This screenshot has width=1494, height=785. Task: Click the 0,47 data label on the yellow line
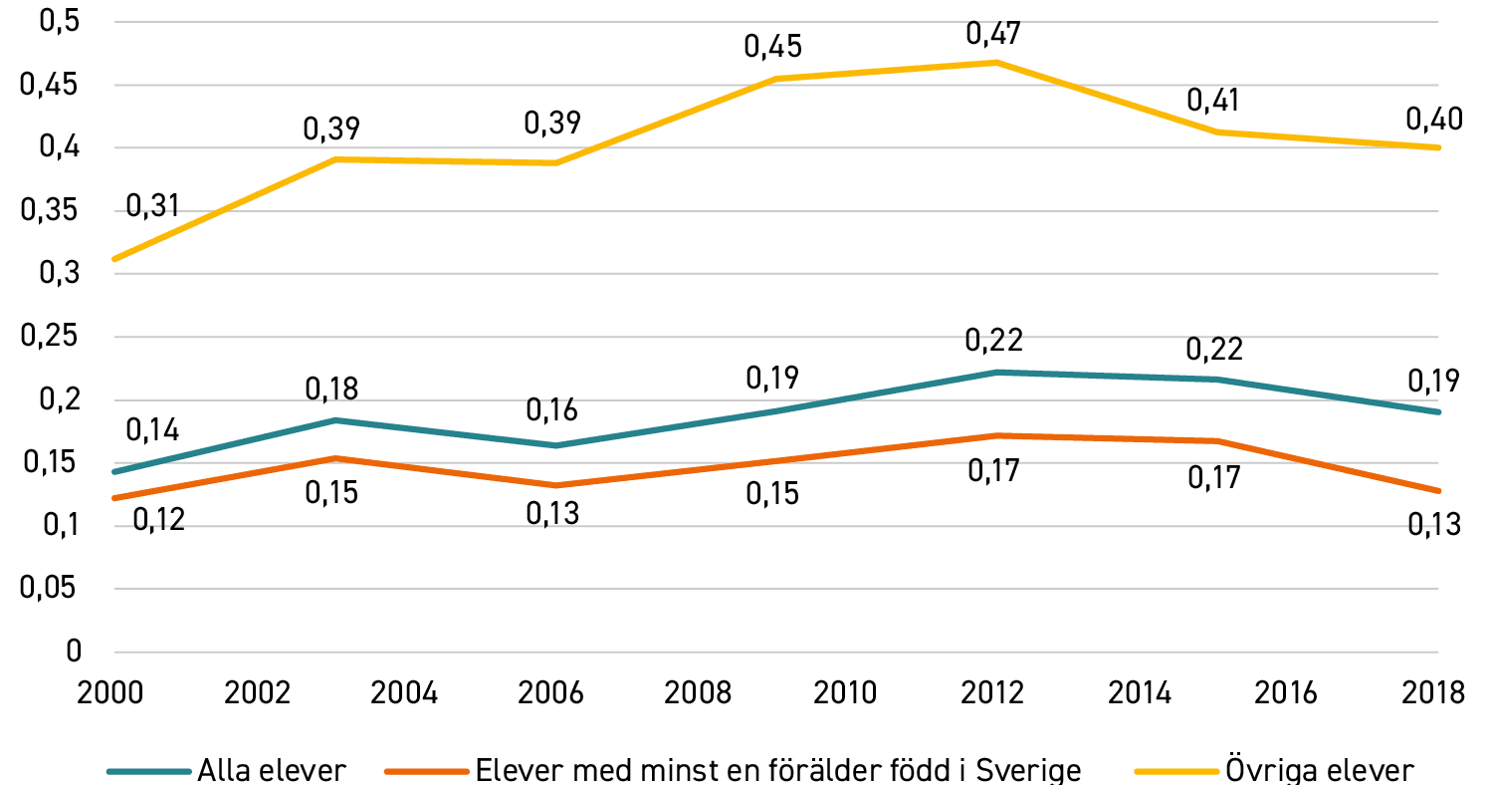(993, 34)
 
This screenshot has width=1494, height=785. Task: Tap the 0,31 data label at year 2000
(152, 205)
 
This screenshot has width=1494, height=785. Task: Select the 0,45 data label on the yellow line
(772, 47)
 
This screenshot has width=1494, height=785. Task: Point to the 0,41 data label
(1212, 101)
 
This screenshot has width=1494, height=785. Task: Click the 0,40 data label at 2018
(1434, 120)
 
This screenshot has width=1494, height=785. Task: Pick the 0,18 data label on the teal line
(331, 389)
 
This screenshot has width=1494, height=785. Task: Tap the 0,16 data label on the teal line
(551, 409)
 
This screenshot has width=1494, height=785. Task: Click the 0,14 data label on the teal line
(152, 430)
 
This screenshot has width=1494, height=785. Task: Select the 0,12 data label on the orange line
(158, 520)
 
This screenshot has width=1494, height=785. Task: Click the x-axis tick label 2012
(991, 693)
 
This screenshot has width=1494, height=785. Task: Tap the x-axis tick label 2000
(110, 693)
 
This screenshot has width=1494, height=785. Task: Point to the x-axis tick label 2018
(1432, 693)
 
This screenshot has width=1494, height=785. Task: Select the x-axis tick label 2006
(550, 693)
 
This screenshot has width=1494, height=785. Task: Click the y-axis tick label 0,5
(60, 21)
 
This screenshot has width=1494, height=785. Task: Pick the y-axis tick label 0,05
(48, 588)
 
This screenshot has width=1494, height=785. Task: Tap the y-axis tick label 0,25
(50, 336)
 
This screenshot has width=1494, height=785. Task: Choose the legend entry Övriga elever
(1275, 771)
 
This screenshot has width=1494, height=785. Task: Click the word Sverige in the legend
(1028, 771)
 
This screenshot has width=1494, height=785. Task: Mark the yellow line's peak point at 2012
(995, 62)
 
